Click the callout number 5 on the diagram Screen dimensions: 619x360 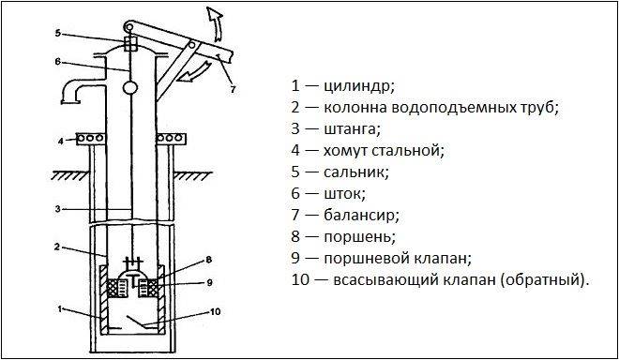click(x=58, y=33)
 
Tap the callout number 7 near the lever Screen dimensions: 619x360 click(x=233, y=90)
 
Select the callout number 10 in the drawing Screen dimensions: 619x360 click(x=215, y=312)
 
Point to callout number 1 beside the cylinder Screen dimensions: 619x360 click(x=60, y=309)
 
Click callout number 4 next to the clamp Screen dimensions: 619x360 click(x=61, y=141)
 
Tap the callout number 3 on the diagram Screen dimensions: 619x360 click(x=58, y=209)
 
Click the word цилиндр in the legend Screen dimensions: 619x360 click(x=359, y=86)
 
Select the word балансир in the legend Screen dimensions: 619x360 click(x=362, y=215)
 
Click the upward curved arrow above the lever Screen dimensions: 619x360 click(x=216, y=23)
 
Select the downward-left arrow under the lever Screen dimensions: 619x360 click(x=193, y=72)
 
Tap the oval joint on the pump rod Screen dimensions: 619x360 click(x=129, y=87)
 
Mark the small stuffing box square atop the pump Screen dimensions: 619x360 click(x=130, y=43)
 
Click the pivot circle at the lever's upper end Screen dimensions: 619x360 click(x=128, y=27)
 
